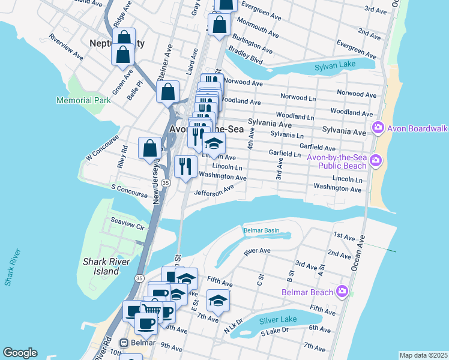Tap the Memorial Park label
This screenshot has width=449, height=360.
pyautogui.click(x=83, y=100)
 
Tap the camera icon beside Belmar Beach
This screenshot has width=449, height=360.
pyautogui.click(x=342, y=292)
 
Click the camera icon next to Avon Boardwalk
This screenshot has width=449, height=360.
pyautogui.click(x=378, y=128)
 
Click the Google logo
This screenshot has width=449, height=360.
pyautogui.click(x=20, y=353)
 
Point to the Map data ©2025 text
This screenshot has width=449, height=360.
pyautogui.click(x=423, y=355)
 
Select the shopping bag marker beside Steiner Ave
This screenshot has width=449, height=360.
pyautogui.click(x=167, y=92)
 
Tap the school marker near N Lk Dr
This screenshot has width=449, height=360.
pyautogui.click(x=218, y=299)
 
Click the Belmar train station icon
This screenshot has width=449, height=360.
pyautogui.click(x=124, y=343)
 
